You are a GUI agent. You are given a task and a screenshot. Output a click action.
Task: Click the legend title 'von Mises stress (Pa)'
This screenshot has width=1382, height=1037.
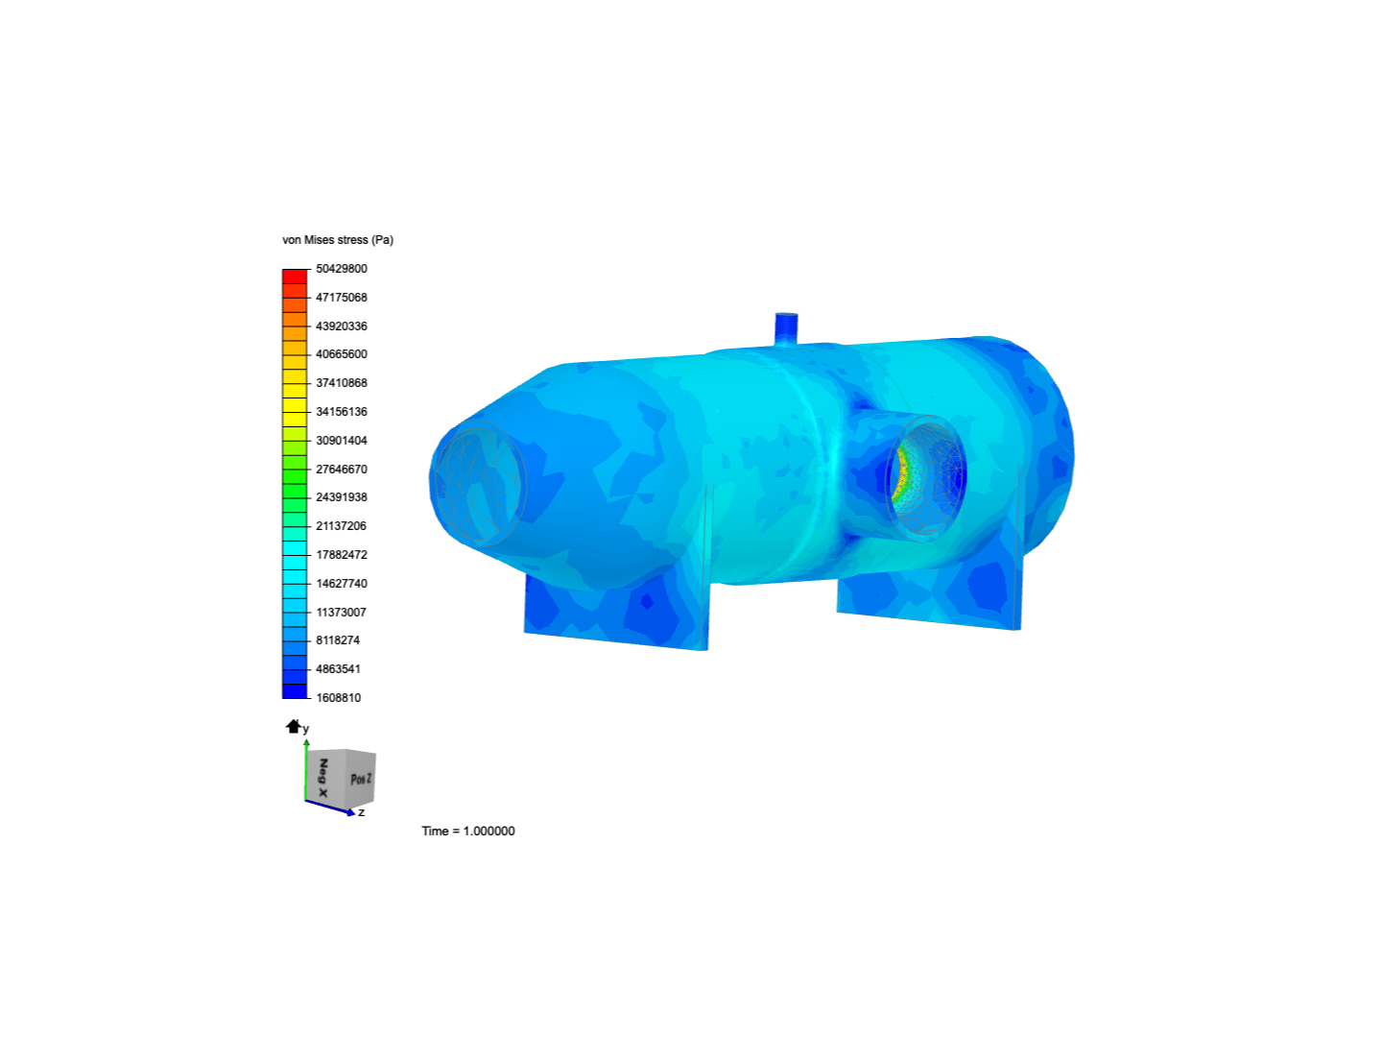[338, 240]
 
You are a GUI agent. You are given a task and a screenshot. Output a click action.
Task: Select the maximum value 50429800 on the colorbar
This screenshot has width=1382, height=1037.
[342, 269]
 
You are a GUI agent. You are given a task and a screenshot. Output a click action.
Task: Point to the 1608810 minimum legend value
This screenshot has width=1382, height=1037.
[338, 698]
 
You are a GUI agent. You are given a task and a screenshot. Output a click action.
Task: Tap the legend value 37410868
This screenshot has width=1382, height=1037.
[342, 383]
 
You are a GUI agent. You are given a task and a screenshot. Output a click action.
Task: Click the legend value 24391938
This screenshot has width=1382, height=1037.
[342, 497]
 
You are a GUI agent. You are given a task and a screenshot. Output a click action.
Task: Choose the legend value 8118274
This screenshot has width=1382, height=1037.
[338, 640]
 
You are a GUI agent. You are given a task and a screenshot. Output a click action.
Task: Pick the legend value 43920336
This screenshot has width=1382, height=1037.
[342, 326]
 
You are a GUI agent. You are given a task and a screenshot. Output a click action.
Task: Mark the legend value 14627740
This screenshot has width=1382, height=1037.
[342, 584]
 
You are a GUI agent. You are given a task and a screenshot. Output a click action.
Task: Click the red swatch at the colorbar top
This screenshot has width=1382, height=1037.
[295, 277]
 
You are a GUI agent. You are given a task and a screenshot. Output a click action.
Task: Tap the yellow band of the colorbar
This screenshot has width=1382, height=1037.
[295, 398]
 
